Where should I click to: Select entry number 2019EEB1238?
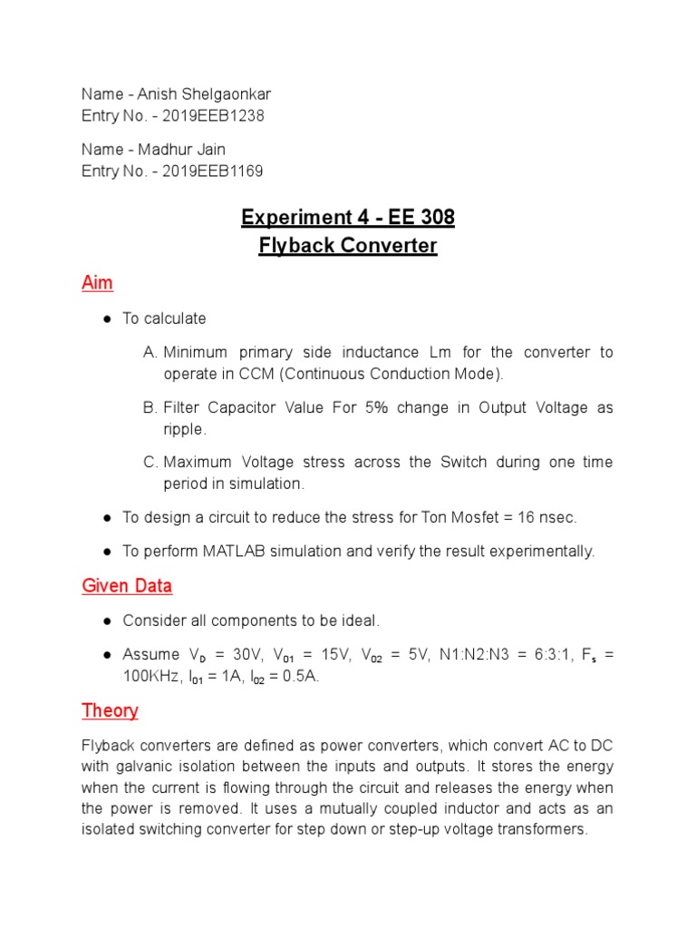coord(213,116)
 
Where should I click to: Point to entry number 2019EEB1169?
coord(213,171)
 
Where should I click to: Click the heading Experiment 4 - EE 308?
coord(347,218)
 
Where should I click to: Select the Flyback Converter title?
coord(347,246)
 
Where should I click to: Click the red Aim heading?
coord(97,283)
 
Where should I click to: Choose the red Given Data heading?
coord(127,586)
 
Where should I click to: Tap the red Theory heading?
coord(110,710)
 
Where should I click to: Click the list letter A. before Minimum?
coord(151,352)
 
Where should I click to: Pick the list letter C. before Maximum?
coord(151,463)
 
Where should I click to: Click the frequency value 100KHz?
coord(151,677)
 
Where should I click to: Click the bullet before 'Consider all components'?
coord(107,621)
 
